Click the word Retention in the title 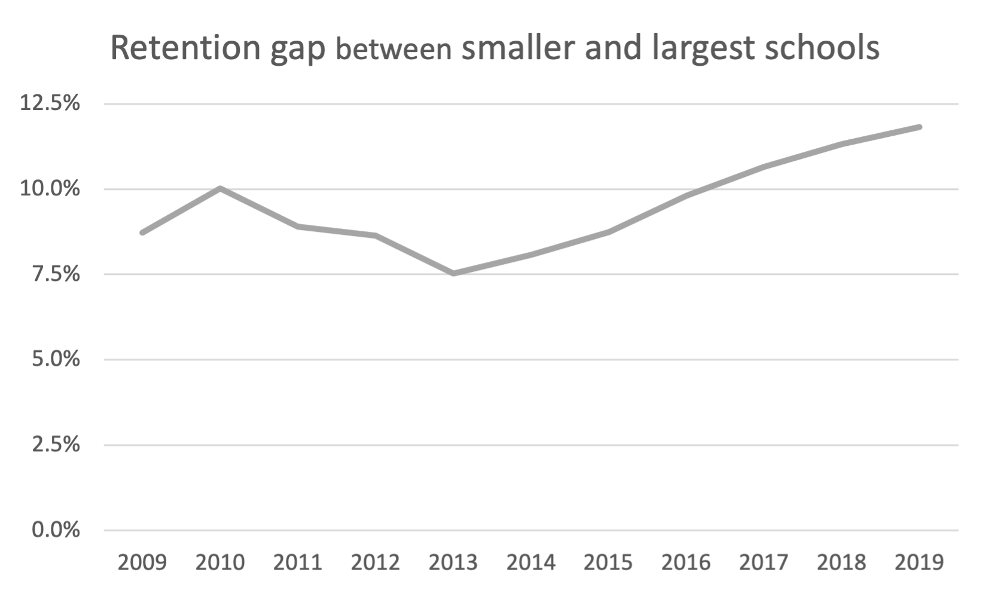pos(185,48)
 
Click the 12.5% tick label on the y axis pos(50,103)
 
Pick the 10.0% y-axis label pos(50,189)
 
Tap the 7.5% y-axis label pos(56,274)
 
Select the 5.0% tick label pos(56,359)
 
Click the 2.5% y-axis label pos(56,445)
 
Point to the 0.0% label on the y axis pos(56,530)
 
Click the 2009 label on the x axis pos(142,562)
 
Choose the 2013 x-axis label pos(453,562)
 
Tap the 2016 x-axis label pos(686,562)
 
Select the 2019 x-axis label pos(919,562)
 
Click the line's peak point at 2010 pos(220,188)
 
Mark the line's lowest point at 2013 pos(453,273)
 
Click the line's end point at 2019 pos(919,127)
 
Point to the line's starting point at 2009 pos(142,232)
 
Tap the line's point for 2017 pos(764,166)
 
